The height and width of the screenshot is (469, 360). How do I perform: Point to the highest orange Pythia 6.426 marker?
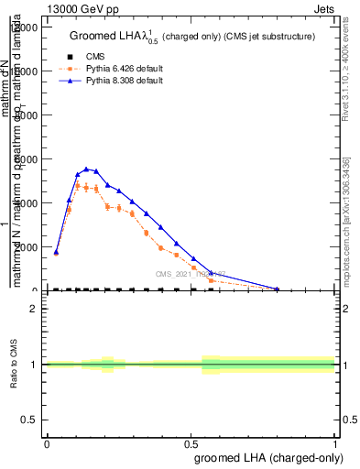pyautogui.click(x=79, y=186)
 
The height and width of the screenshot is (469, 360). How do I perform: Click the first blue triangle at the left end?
pyautogui.click(x=56, y=252)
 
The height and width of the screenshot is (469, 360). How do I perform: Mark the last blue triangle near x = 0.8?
pyautogui.click(x=278, y=289)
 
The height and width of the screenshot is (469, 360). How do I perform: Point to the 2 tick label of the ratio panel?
pyautogui.click(x=34, y=309)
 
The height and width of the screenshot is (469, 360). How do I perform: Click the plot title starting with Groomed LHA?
pyautogui.click(x=192, y=37)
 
